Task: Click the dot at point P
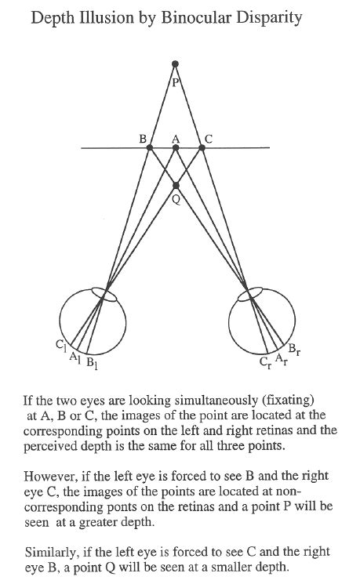coord(176,63)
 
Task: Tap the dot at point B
coord(150,146)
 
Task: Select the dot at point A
coord(176,146)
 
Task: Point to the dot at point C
coord(202,146)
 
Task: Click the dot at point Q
coord(176,186)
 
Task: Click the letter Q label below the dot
coord(176,199)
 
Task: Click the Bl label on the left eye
coord(92,363)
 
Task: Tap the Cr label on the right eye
coord(265,364)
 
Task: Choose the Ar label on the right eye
coord(280,359)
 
